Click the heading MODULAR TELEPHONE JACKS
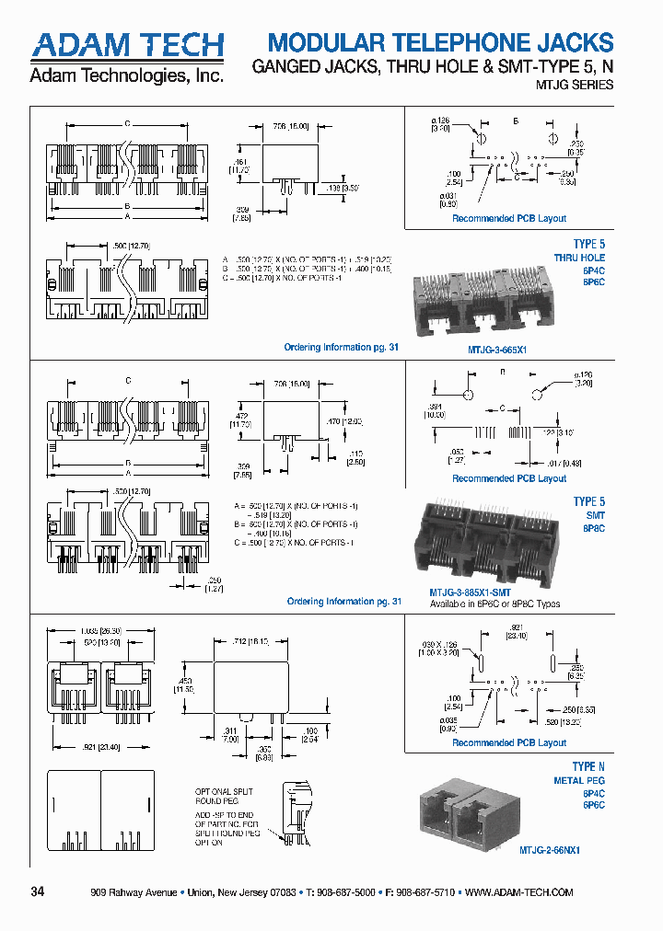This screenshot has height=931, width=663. tap(440, 42)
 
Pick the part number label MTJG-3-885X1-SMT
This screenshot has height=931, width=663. tap(470, 592)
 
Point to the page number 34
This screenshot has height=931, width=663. tap(38, 892)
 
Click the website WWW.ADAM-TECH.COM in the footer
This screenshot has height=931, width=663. tap(519, 893)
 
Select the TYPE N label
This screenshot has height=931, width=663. tap(588, 766)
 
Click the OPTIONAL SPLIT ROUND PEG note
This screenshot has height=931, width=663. tap(223, 797)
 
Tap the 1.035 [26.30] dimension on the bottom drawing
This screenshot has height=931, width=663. tap(95, 630)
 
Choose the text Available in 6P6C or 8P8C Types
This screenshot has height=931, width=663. tap(494, 604)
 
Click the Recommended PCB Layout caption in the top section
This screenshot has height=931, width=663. tap(508, 219)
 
